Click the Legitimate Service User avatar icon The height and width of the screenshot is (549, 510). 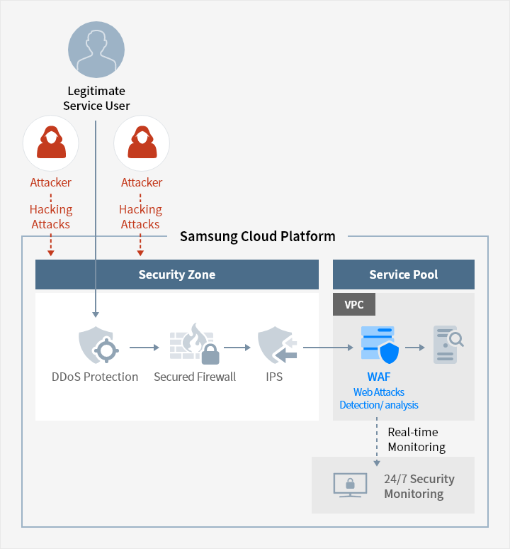(x=96, y=50)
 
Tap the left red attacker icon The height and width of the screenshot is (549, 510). (x=51, y=143)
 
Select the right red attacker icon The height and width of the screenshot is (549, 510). (x=142, y=143)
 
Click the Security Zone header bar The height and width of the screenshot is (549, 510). (x=177, y=274)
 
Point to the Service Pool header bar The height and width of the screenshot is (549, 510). (x=403, y=274)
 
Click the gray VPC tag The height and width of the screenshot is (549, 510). (x=354, y=304)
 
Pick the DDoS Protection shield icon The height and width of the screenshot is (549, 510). (x=98, y=345)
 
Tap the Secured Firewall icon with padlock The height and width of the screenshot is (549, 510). (x=194, y=344)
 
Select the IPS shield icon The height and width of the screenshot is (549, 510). (x=277, y=345)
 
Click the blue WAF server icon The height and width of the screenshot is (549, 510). (x=380, y=345)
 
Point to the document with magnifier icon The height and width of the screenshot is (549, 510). (x=448, y=345)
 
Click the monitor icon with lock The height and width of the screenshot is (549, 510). (x=350, y=485)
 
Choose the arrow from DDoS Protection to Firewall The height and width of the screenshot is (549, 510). (x=144, y=348)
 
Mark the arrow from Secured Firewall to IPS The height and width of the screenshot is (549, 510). (x=237, y=348)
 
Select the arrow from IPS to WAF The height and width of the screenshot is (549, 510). (x=328, y=348)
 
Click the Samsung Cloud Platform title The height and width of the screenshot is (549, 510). (x=258, y=236)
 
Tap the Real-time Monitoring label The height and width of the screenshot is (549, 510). (x=416, y=439)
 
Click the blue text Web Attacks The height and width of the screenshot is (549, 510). (x=378, y=392)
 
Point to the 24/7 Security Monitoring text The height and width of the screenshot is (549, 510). (x=419, y=486)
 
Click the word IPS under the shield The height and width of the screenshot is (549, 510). (x=274, y=377)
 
